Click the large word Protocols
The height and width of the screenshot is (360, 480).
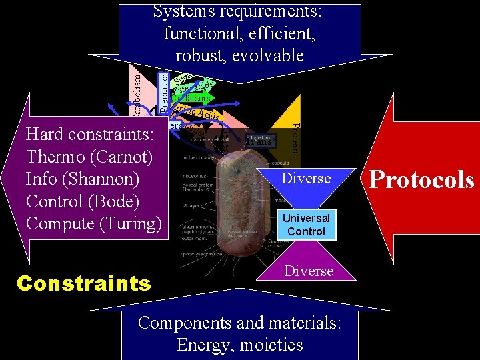[422, 180]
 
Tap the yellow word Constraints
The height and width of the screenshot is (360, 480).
[84, 283]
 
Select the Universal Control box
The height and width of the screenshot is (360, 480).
[306, 225]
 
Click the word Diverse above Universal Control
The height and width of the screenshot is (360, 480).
[306, 179]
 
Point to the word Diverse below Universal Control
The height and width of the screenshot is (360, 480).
[309, 271]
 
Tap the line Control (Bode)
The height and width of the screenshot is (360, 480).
[87, 201]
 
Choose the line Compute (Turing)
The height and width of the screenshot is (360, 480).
[94, 224]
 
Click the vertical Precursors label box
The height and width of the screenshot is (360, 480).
[164, 91]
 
